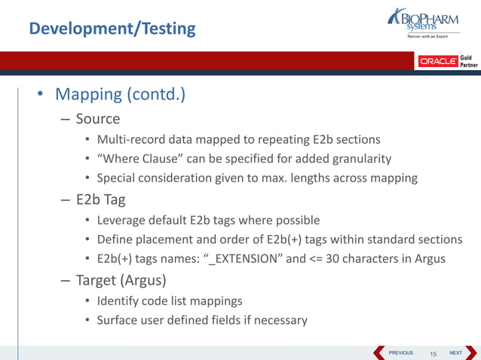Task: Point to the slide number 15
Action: [x=434, y=353]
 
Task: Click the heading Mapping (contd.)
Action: [x=120, y=95]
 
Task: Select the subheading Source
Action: [x=97, y=118]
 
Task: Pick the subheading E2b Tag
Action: [x=100, y=200]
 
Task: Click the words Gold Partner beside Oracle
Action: [x=469, y=61]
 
